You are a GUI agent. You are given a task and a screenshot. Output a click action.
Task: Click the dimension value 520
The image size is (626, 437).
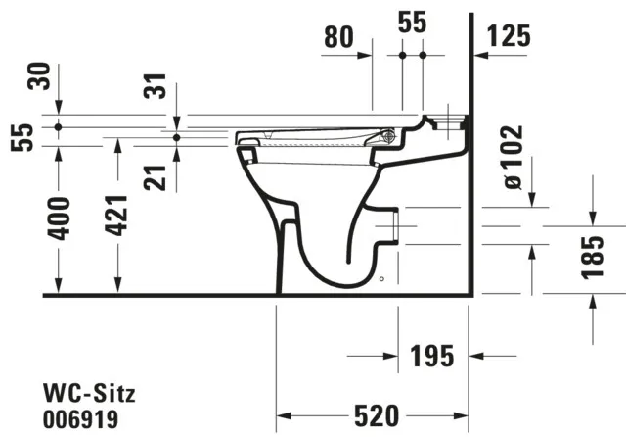[x=377, y=416]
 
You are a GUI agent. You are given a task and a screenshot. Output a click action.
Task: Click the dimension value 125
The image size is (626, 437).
[x=508, y=37]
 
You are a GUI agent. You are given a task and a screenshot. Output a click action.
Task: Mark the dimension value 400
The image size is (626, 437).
[x=59, y=218]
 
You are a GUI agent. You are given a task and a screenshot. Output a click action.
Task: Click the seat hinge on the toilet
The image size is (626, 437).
[x=389, y=136]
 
